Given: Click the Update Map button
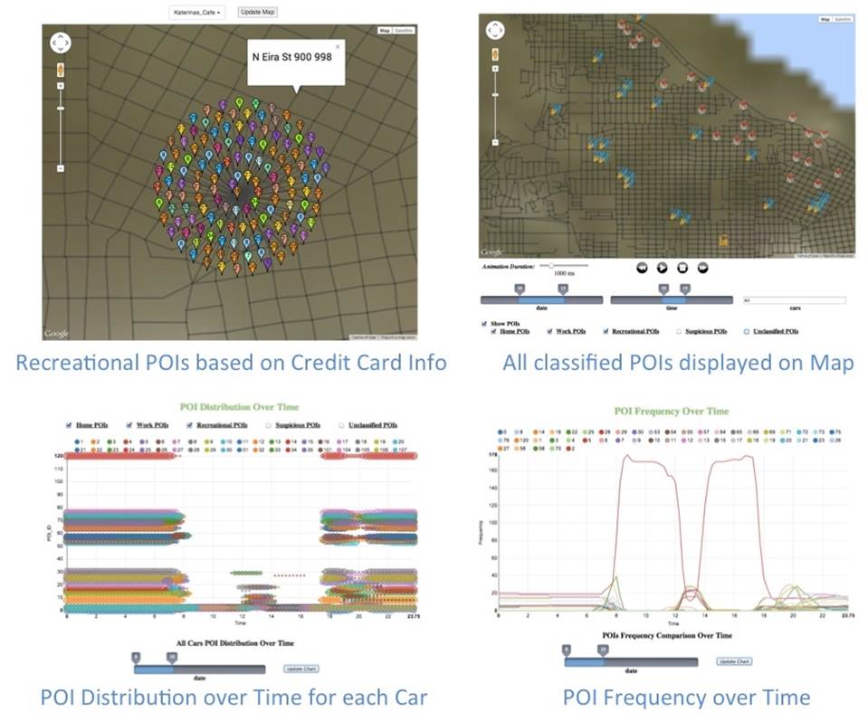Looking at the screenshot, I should click(258, 12).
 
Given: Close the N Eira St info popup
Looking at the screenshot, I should click(338, 46).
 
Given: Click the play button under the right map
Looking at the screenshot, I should click(662, 267).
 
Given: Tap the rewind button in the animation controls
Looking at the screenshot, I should click(641, 267).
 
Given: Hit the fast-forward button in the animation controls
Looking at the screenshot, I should click(702, 267).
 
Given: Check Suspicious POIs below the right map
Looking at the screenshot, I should click(678, 331).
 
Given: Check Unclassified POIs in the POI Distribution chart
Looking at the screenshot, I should click(342, 424).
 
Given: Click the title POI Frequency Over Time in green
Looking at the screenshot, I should click(671, 411).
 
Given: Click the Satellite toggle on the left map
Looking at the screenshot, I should click(405, 30).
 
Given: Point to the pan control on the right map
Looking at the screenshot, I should click(496, 30).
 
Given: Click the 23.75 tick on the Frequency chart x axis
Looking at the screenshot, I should click(847, 613).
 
